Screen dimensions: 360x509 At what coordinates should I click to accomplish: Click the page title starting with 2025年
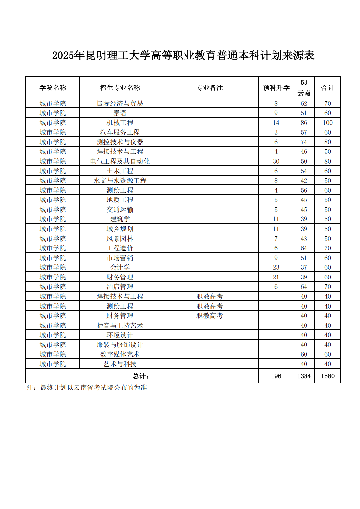[183, 55]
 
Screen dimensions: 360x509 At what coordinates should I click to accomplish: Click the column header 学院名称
[53, 87]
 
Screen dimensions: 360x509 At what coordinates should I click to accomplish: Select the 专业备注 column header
[209, 87]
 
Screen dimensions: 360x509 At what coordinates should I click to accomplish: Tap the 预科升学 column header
[276, 87]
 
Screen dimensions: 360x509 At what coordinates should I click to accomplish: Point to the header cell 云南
[304, 93]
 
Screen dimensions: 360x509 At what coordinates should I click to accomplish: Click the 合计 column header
[327, 87]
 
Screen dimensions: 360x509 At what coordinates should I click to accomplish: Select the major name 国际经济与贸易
[120, 103]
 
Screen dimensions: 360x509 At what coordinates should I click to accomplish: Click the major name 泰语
[120, 113]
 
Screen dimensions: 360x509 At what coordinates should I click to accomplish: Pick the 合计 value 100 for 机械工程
[327, 123]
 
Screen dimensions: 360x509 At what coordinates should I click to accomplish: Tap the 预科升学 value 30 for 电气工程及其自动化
[276, 161]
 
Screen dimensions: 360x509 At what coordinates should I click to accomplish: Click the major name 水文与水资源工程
[120, 181]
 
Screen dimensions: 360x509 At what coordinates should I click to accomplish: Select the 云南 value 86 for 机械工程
[304, 123]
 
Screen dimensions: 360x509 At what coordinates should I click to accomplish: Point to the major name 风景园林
[120, 239]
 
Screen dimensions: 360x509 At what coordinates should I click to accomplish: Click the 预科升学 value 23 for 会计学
[276, 267]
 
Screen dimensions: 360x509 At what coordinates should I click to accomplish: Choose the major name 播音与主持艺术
[120, 326]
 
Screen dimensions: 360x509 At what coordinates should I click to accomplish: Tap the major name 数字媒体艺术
[120, 354]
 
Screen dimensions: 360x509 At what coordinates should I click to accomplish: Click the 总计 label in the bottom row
[141, 376]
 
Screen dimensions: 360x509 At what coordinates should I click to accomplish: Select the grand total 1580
[327, 376]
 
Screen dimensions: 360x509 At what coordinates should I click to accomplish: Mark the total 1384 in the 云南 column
[304, 376]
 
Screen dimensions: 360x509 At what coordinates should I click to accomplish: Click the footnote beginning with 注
[87, 388]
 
